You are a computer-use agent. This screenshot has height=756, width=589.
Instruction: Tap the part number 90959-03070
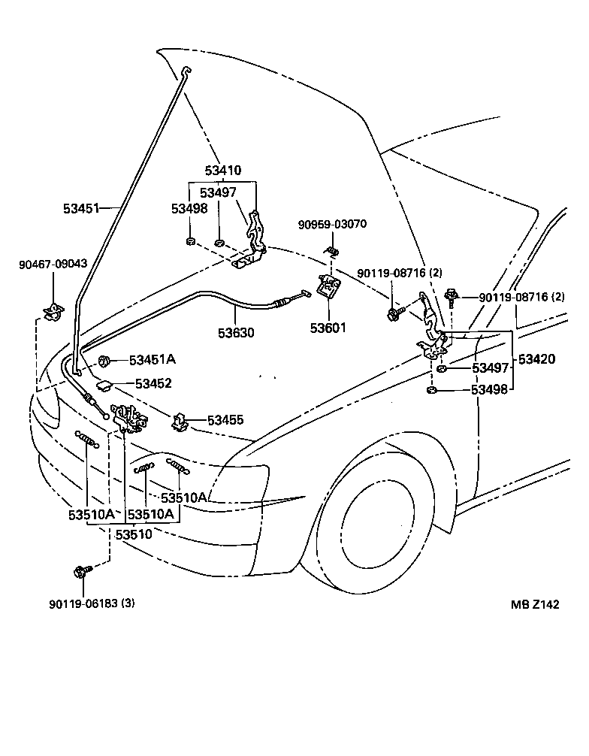pyautogui.click(x=332, y=224)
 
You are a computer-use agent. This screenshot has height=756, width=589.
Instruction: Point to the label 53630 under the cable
pyautogui.click(x=237, y=331)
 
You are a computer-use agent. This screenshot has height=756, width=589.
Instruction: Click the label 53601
pyautogui.click(x=329, y=328)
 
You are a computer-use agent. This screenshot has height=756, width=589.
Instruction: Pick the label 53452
pyautogui.click(x=154, y=383)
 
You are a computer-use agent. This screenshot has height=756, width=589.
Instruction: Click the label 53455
pyautogui.click(x=226, y=420)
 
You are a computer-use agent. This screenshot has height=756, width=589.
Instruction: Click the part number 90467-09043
pyautogui.click(x=53, y=264)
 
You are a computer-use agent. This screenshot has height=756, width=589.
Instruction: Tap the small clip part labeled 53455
pyautogui.click(x=180, y=422)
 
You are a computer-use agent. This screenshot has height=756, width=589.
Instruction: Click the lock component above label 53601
pyautogui.click(x=329, y=286)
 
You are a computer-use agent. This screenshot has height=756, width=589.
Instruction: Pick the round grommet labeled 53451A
pyautogui.click(x=104, y=361)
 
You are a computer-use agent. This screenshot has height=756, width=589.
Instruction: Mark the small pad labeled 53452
pyautogui.click(x=105, y=386)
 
